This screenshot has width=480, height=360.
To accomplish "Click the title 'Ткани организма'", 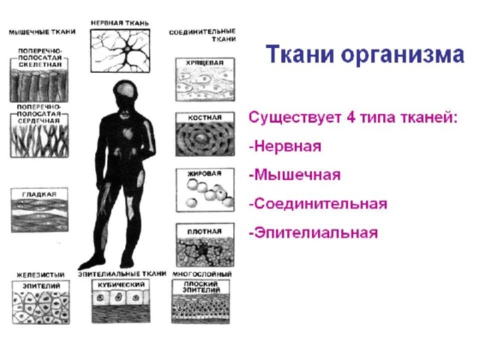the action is pos(364,55).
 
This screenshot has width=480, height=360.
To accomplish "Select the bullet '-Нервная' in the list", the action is pos(285,146).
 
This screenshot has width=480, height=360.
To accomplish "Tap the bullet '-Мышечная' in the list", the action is pos(295,175).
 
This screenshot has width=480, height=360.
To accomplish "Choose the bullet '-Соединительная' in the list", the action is pos(318,203).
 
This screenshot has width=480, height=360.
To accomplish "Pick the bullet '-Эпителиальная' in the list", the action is pos(313,232).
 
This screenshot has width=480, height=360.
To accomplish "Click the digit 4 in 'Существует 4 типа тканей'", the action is pos(351,117).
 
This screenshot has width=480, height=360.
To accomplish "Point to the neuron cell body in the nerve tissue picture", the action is pos(127,49).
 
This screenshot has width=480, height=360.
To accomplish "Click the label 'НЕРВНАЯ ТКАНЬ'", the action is pos(120,23).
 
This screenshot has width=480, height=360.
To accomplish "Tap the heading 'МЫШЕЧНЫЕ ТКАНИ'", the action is pos(42,31).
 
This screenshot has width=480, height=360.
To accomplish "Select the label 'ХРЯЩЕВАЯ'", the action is pos(205,63).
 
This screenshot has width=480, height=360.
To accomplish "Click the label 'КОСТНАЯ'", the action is pos(205,118).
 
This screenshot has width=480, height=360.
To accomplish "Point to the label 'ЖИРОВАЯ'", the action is pos(204,173).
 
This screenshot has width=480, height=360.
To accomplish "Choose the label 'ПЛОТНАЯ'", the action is pos(205,232).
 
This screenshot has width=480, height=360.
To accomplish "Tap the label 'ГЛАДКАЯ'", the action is pos(39,194).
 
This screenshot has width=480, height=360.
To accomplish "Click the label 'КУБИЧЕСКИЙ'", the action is pos(121,285).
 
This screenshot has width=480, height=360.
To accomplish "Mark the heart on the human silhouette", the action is pos(127,133).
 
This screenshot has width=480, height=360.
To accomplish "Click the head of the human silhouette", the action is pos(125,92).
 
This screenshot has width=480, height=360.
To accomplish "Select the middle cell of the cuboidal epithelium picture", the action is pos(118,297).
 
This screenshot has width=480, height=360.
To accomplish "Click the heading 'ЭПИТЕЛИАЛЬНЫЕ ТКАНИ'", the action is pos(122,274).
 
